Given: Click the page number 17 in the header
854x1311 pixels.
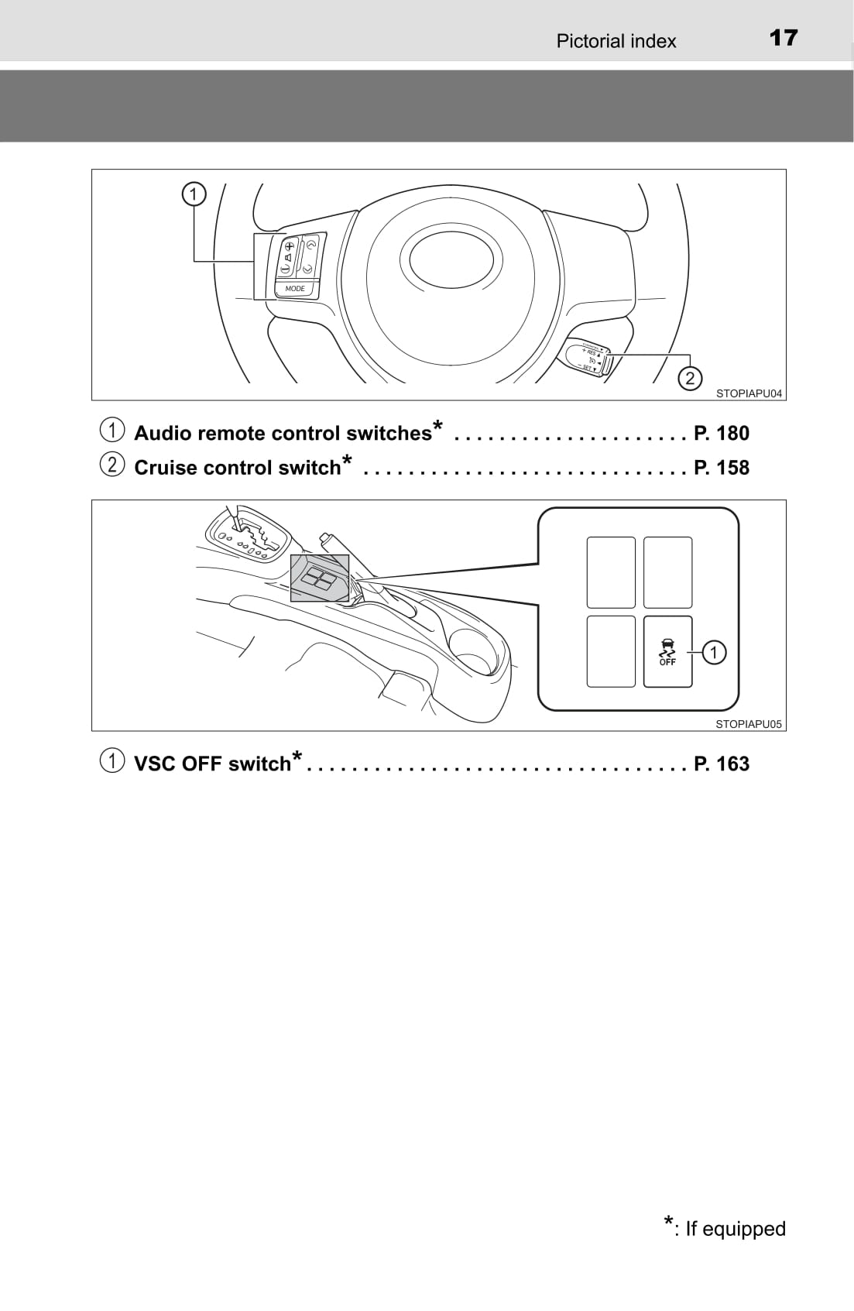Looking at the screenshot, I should click(x=784, y=38).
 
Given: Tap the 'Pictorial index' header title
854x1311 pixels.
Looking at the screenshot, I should click(x=616, y=41).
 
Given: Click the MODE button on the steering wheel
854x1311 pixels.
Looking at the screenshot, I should click(x=295, y=289).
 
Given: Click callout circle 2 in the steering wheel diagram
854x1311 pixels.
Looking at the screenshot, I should click(x=689, y=379).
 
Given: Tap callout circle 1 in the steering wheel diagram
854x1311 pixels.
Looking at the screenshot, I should click(x=194, y=194).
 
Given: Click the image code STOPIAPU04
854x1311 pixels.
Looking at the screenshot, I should click(x=749, y=393).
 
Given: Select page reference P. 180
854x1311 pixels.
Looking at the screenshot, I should click(x=722, y=433).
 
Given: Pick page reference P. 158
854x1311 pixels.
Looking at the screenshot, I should click(x=722, y=468).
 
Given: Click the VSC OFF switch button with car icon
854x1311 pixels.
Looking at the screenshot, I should click(x=667, y=651).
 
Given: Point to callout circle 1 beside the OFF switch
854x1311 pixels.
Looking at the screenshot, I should click(x=713, y=652).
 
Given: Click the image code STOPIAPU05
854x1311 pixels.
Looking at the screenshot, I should click(x=749, y=724).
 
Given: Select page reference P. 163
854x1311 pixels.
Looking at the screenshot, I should click(x=722, y=764).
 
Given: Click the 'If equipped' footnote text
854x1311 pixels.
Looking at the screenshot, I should click(x=735, y=1229).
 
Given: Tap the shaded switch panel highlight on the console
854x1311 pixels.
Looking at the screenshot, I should click(x=319, y=578).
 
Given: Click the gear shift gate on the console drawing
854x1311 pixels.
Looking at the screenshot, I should click(x=249, y=535).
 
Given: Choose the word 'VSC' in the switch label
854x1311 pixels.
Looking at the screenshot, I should click(x=155, y=764).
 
